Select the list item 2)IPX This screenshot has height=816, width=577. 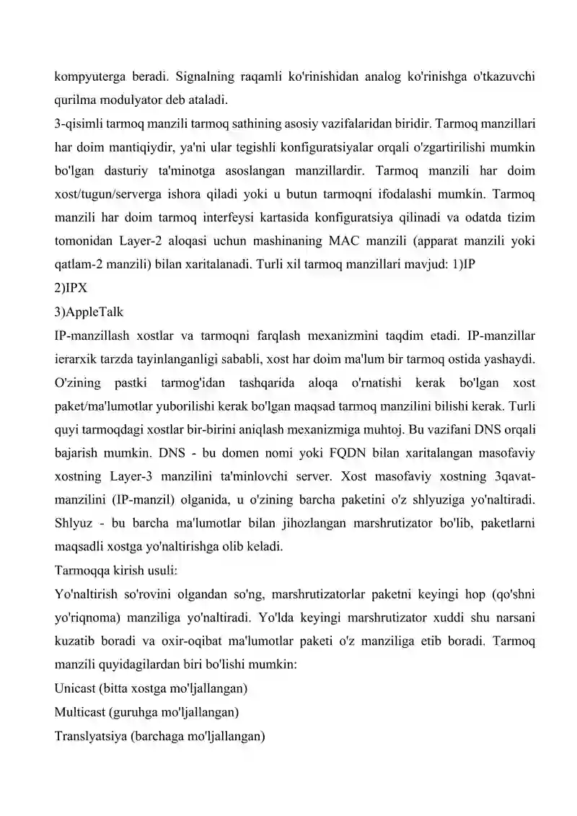tap(71, 287)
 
